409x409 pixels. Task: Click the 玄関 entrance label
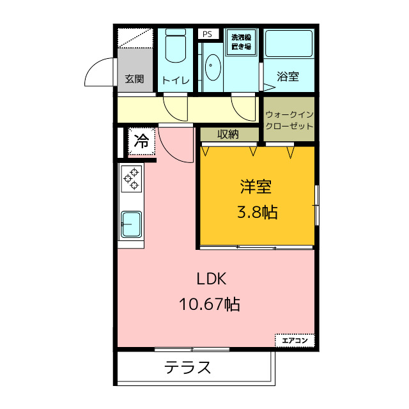coord(134,79)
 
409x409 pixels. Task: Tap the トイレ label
coord(175,80)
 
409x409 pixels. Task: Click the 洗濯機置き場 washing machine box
coord(242,42)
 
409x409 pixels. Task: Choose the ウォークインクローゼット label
coord(289,120)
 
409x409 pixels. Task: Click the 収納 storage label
coord(228,134)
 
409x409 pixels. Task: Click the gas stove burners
coord(132,178)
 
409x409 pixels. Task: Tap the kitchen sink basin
coord(131,224)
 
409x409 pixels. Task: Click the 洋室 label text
coord(256,187)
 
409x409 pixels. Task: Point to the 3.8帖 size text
coord(257,212)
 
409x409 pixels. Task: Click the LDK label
coord(212,279)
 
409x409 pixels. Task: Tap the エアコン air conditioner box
coord(295,341)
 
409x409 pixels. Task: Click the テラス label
coord(188,367)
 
